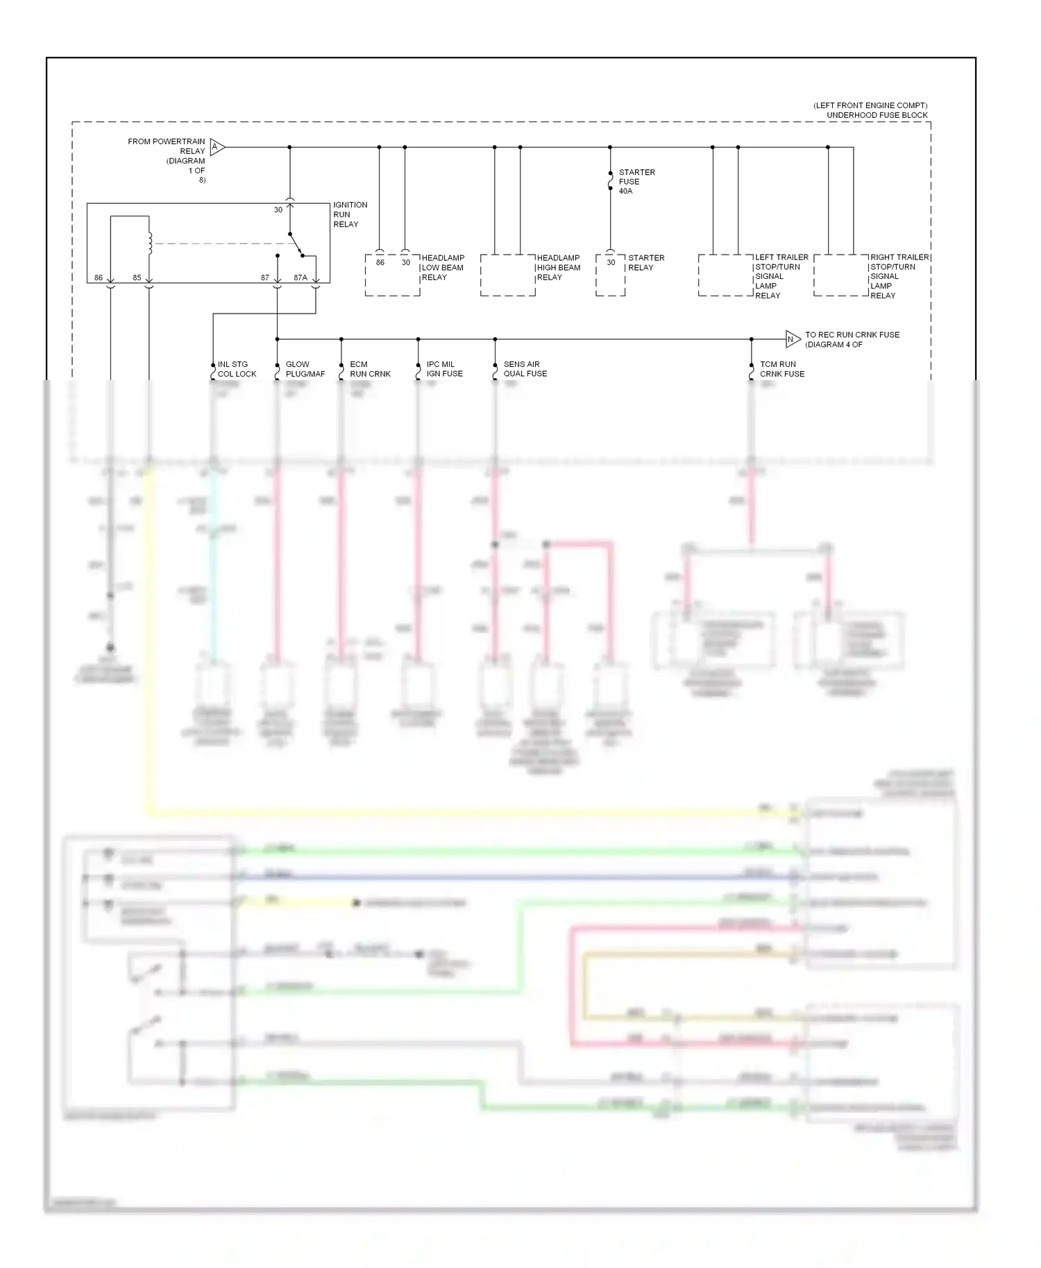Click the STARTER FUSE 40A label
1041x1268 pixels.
636,182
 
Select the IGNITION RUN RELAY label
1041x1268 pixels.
350,214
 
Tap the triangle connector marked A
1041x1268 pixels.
217,147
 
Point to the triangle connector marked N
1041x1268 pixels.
792,339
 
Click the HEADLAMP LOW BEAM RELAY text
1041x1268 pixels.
442,267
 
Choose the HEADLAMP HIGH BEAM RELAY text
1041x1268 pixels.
557,267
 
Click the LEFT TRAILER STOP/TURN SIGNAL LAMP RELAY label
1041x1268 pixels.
781,276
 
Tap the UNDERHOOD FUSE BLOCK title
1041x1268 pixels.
877,115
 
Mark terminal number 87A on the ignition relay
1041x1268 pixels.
300,277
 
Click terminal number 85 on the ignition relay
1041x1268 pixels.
137,277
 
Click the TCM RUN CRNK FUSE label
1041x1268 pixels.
781,369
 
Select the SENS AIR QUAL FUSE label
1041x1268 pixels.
525,369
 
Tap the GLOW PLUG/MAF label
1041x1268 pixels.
305,369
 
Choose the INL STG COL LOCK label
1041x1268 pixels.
236,369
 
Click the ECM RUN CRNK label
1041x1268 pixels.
369,369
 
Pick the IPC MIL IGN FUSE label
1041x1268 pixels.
444,369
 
